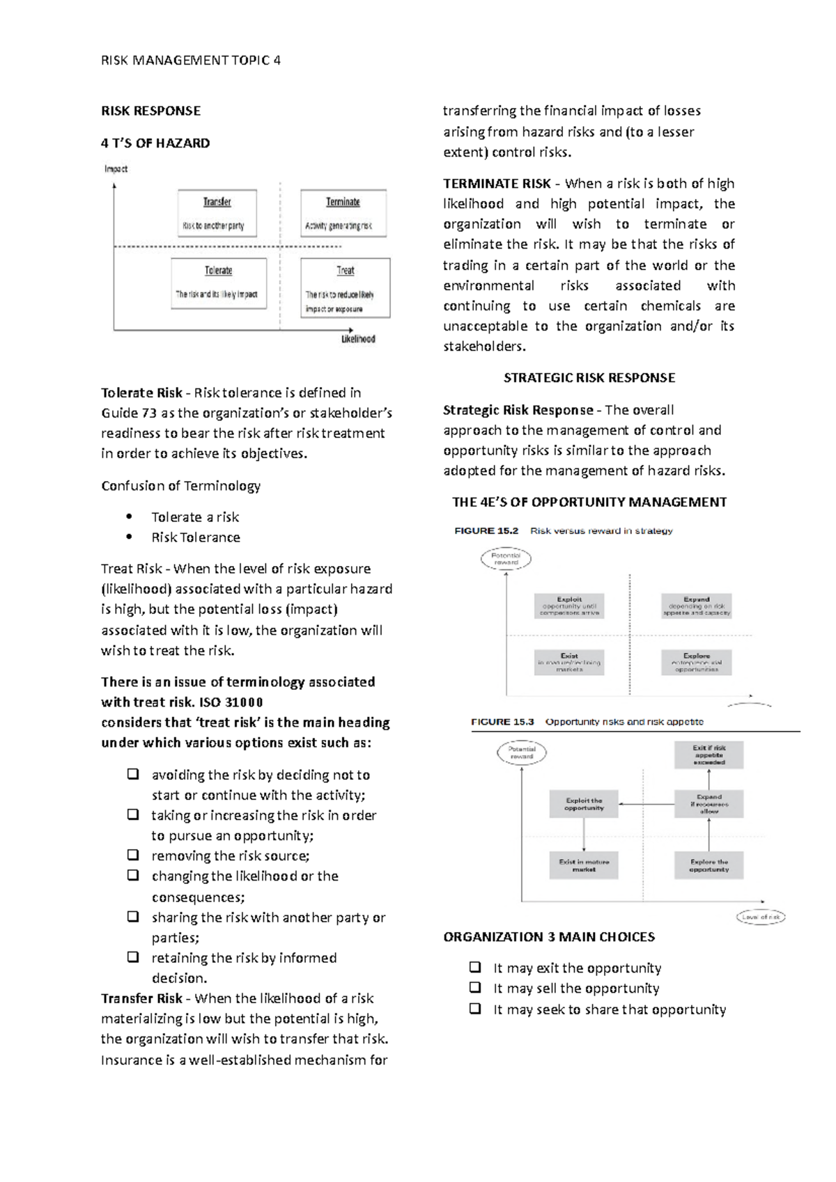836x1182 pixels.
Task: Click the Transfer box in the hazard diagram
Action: tap(217, 213)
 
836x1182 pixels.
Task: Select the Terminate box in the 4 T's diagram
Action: tap(343, 213)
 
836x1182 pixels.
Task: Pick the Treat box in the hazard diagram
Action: tap(345, 287)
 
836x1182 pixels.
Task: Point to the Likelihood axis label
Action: tap(358, 339)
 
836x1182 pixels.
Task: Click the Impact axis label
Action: tap(116, 168)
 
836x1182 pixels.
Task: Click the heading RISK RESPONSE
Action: tap(150, 111)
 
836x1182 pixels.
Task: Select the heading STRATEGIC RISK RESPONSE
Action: tap(589, 378)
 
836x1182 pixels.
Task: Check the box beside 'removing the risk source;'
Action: tap(132, 855)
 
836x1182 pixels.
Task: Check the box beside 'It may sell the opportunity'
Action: tap(475, 987)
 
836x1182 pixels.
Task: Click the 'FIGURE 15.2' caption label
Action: tap(486, 530)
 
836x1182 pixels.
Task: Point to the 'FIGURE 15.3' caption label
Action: tap(502, 722)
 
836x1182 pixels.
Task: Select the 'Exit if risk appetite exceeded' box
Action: tap(709, 755)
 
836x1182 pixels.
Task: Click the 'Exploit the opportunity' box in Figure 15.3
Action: tap(584, 804)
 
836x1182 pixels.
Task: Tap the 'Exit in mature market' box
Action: tap(584, 865)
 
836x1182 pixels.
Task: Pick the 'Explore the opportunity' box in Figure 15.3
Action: tap(709, 865)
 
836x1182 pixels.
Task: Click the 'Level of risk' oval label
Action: tap(761, 917)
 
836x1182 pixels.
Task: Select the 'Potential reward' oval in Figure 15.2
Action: tap(506, 559)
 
